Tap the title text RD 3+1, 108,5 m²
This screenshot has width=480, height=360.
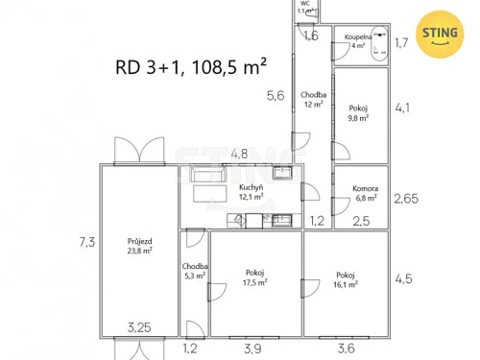tap(191, 66)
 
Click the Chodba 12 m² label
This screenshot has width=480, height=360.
tap(313, 99)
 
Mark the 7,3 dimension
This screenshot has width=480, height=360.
tap(86, 242)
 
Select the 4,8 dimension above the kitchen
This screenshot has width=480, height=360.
tap(239, 154)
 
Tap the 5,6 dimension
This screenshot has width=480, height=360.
tap(276, 95)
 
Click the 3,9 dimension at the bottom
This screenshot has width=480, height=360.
tap(252, 349)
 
